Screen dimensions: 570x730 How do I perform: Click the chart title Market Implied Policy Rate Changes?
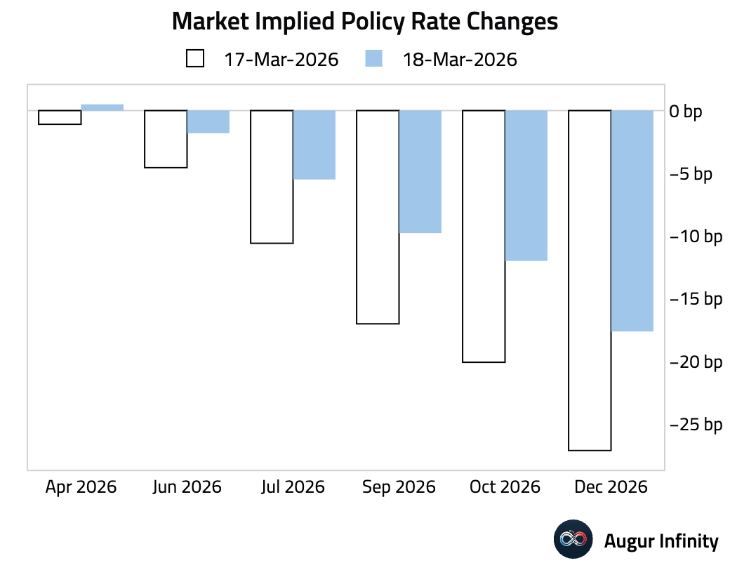click(364, 22)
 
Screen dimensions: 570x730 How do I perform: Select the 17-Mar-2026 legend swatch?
click(195, 59)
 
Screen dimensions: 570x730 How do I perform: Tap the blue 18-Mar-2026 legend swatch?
click(373, 59)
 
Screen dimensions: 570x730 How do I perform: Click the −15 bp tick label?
click(696, 300)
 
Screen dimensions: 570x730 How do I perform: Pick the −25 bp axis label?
click(696, 425)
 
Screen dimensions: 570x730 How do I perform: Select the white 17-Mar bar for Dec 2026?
click(590, 280)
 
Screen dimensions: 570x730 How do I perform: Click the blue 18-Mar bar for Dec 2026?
click(632, 220)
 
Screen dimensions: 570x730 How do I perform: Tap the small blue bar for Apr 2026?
click(102, 107)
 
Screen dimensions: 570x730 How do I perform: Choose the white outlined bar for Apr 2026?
click(60, 117)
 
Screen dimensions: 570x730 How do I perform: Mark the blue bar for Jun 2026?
click(208, 122)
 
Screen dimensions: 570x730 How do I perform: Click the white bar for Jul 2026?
click(272, 177)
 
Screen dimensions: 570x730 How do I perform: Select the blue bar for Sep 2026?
click(420, 171)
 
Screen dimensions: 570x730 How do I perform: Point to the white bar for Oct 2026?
click(484, 237)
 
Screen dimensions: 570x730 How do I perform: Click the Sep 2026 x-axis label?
click(399, 487)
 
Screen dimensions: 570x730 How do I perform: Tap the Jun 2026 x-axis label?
click(187, 487)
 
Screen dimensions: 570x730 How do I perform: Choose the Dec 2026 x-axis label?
click(611, 487)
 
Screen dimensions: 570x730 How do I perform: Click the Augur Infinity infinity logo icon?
click(573, 540)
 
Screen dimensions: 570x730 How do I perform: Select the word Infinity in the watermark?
click(691, 541)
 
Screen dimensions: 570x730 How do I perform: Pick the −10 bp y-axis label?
click(696, 237)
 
